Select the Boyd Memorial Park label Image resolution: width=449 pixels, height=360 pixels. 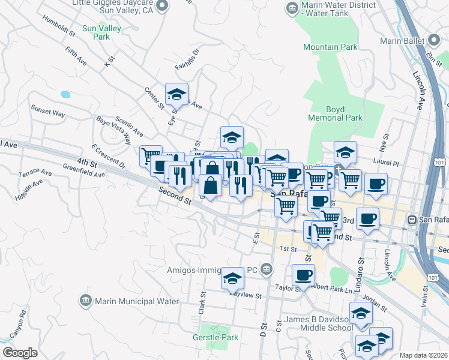(x=343, y=113)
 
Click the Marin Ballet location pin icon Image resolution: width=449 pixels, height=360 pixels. (x=435, y=41)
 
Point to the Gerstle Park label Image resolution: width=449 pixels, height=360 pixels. (x=215, y=337)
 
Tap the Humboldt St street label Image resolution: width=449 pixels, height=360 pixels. (x=58, y=25)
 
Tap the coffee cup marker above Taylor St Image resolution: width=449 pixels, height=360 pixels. (x=303, y=275)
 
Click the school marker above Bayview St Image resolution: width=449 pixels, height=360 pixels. (x=232, y=278)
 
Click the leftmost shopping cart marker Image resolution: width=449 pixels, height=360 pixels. (x=151, y=156)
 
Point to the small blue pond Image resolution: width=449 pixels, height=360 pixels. (x=65, y=94)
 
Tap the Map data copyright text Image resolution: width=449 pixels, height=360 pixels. (x=423, y=355)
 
